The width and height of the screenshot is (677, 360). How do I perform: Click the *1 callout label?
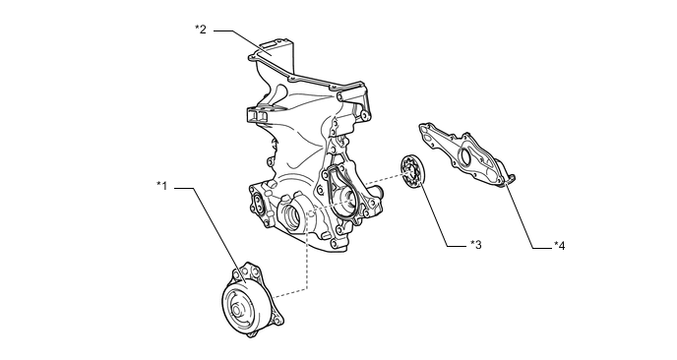(x=162, y=186)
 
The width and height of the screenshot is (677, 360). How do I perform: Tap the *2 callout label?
(x=201, y=30)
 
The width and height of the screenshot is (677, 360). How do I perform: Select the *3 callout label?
(x=476, y=245)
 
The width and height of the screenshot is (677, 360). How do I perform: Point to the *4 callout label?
(x=560, y=246)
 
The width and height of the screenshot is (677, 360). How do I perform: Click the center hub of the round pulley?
(x=236, y=311)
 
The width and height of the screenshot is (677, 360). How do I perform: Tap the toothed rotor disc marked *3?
(x=412, y=172)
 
